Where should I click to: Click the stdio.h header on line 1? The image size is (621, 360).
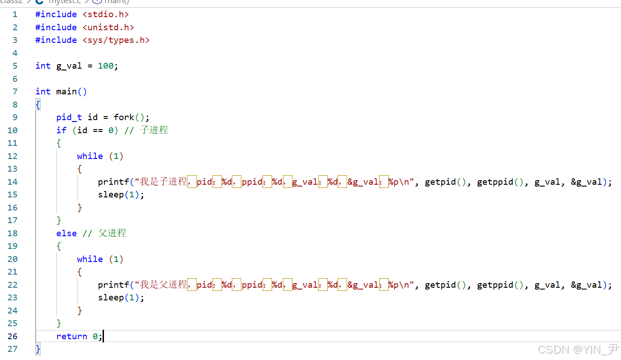tap(106, 14)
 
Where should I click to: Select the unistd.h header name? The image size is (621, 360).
tap(108, 28)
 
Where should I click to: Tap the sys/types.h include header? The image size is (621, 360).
tap(116, 40)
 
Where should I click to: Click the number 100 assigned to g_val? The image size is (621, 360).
tap(106, 66)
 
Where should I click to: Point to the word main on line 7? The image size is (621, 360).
tap(66, 92)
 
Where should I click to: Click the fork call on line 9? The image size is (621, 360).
tap(124, 117)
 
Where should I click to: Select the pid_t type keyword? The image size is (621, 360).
tap(69, 117)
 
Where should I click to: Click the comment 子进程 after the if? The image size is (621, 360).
tap(154, 130)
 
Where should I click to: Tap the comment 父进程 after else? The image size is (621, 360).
tap(113, 233)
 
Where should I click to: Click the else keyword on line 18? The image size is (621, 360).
tap(66, 234)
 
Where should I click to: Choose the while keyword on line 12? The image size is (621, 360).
tap(90, 156)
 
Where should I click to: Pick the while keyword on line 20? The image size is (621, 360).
tap(90, 259)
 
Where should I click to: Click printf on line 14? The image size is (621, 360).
tap(113, 182)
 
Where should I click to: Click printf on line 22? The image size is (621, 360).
tap(113, 285)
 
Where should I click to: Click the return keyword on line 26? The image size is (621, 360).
tap(71, 337)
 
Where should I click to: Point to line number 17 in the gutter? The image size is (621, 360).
tap(12, 220)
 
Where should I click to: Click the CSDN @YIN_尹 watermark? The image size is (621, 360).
tap(579, 350)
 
